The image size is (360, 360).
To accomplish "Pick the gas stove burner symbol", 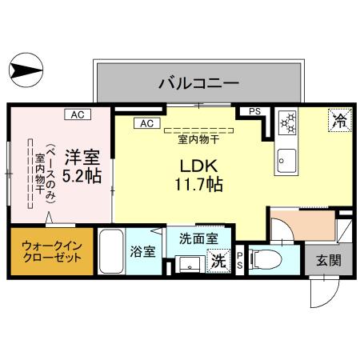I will point(288,123).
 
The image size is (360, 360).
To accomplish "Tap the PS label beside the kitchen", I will point(254,112).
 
